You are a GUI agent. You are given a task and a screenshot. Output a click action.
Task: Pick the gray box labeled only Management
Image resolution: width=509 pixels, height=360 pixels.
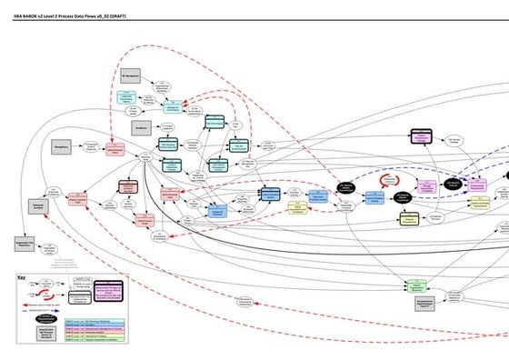(x=63, y=145)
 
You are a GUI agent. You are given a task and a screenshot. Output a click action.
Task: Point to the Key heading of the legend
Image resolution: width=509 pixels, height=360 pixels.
(x=22, y=276)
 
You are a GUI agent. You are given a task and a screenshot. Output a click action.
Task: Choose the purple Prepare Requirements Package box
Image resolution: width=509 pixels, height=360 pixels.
(x=419, y=137)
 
